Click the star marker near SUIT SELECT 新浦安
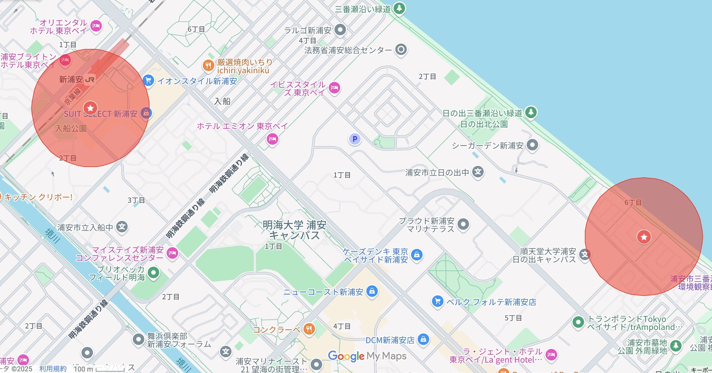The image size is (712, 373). click(x=90, y=108)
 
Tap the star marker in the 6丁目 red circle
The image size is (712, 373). click(x=644, y=237)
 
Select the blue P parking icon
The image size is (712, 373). click(x=355, y=139)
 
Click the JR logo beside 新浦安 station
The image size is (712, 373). click(x=90, y=80)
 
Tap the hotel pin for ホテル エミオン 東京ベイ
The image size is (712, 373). click(x=272, y=139)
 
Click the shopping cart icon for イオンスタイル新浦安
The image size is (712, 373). click(x=148, y=81)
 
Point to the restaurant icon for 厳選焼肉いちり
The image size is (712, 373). click(x=208, y=66)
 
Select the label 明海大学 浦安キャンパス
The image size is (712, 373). click(x=295, y=230)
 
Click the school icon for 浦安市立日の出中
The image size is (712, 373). click(x=478, y=172)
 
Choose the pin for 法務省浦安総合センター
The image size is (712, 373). click(x=401, y=50)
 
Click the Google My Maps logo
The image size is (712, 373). click(x=367, y=356)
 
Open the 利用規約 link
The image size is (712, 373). click(x=53, y=369)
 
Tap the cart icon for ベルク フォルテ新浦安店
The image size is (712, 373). click(x=438, y=301)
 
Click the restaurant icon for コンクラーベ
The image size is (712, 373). click(x=309, y=329)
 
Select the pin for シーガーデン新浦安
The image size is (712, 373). click(x=532, y=145)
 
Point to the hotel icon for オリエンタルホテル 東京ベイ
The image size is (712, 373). click(x=96, y=26)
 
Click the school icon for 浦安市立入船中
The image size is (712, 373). click(x=122, y=227)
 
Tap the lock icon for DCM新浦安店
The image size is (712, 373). click(x=423, y=339)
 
